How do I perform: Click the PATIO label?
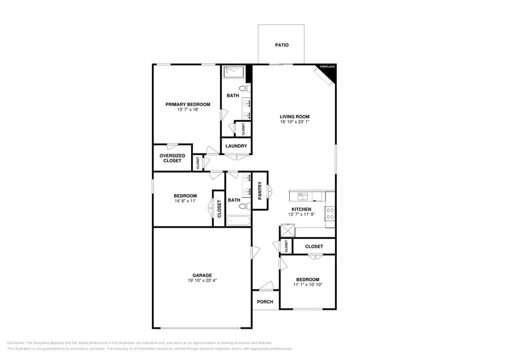point(281,45)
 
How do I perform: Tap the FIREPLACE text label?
point(327,67)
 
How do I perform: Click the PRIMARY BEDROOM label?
point(187,104)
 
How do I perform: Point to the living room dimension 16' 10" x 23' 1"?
point(295,122)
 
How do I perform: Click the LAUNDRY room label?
point(236,146)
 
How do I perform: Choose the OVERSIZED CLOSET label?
point(172,158)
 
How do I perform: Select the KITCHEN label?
point(301,209)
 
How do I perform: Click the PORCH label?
point(265,301)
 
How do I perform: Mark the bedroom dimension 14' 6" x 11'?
point(184,201)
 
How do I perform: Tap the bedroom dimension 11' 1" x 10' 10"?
point(307,285)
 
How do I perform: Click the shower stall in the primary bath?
point(233,73)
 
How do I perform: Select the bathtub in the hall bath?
point(238,220)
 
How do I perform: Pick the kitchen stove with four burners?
point(330,214)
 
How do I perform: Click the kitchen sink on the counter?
point(303,196)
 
